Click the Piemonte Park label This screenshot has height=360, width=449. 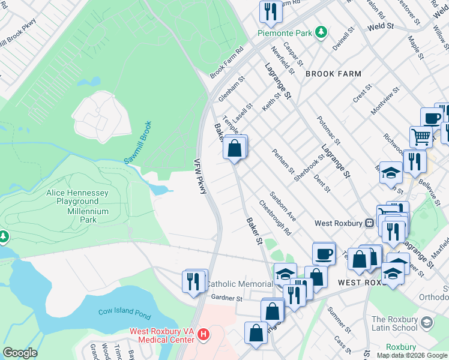point(285,33)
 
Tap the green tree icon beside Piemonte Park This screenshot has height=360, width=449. point(321,32)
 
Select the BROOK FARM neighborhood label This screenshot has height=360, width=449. point(333,74)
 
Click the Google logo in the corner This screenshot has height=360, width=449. point(19,353)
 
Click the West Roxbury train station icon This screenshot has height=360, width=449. point(370,223)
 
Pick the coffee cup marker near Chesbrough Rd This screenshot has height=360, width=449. point(324,253)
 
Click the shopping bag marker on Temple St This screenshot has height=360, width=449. point(235,147)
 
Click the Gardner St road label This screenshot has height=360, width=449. point(226,298)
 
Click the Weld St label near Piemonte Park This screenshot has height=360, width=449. point(380,27)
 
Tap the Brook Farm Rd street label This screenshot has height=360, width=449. point(226,62)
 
